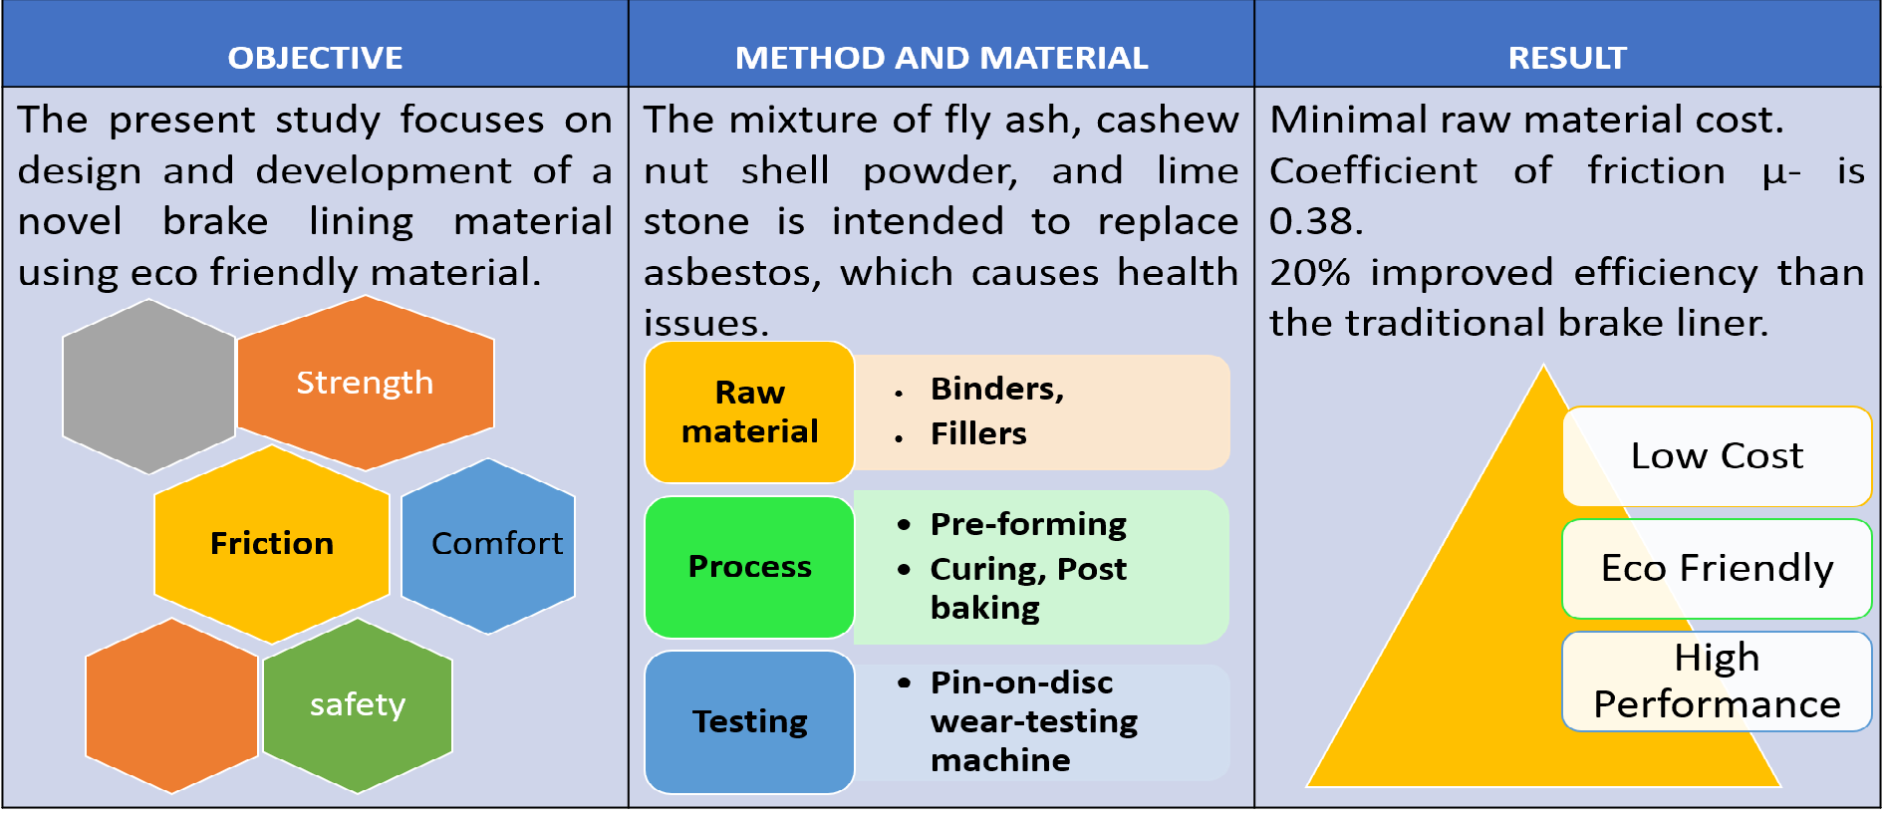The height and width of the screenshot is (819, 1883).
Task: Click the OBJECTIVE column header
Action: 315,58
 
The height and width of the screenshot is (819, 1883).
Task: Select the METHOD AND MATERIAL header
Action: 941,58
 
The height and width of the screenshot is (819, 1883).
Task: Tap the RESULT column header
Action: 1567,58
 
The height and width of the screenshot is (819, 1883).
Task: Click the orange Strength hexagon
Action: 366,383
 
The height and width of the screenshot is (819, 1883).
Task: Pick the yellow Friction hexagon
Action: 271,544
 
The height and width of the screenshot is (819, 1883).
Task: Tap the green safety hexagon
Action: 358,705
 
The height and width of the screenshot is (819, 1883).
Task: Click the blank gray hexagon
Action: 148,387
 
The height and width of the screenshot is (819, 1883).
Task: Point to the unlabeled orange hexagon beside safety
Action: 171,705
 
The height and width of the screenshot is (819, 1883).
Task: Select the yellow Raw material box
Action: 749,412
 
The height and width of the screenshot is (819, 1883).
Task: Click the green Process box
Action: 749,567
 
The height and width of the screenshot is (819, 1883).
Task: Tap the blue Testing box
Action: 749,722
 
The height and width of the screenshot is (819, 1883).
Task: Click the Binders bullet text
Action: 997,389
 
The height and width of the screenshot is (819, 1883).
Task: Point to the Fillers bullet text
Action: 978,433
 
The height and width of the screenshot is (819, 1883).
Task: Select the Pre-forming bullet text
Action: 1028,524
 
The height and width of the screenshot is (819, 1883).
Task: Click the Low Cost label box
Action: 1717,456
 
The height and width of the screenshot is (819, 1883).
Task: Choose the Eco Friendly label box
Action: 1717,569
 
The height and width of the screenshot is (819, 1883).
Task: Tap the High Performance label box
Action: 1717,682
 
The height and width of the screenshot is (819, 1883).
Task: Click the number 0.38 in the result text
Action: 1316,221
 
